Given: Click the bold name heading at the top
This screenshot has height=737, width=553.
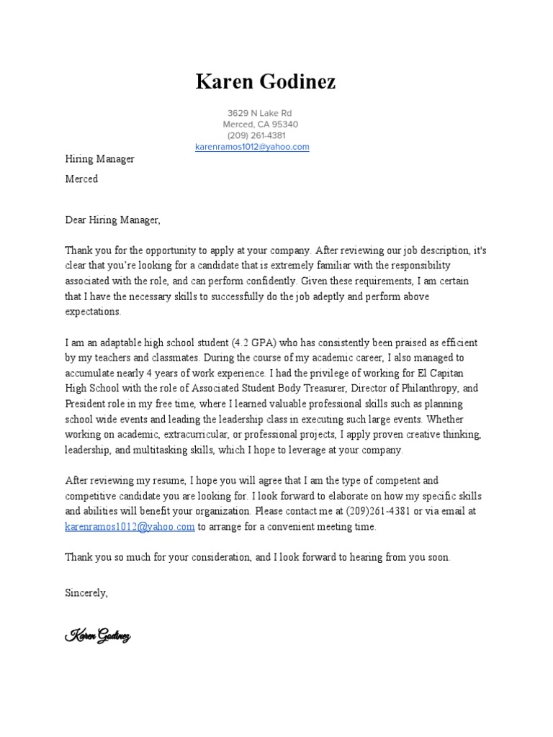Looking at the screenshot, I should [x=265, y=82].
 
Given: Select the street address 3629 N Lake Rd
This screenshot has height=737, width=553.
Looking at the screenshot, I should [x=259, y=113].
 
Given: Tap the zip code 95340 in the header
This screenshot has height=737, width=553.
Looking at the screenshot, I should [x=284, y=124].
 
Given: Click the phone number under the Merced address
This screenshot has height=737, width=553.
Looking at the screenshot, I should [x=256, y=135].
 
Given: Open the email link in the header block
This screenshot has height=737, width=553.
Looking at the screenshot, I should [x=252, y=147].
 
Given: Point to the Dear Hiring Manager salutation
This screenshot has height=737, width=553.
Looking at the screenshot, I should [x=113, y=220].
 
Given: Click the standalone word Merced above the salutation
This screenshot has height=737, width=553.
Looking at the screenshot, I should [x=81, y=178].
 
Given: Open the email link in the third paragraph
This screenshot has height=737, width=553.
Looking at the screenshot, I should [x=130, y=526].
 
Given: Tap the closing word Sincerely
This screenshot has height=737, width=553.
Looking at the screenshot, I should [x=86, y=593].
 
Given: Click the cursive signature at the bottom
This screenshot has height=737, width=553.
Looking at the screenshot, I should [x=97, y=635].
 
